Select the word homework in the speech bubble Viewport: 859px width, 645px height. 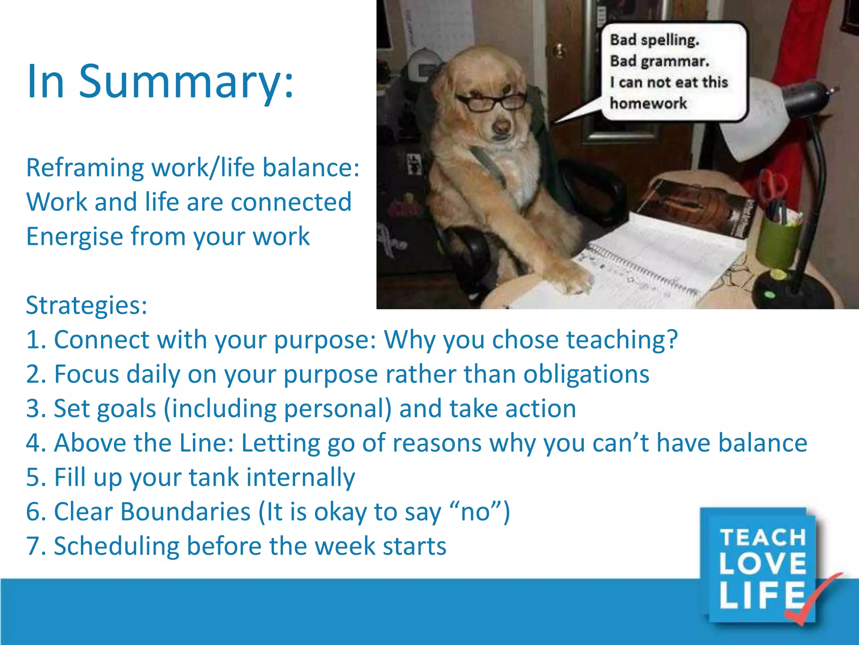pyautogui.click(x=648, y=103)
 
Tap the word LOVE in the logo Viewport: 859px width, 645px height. pyautogui.click(x=762, y=564)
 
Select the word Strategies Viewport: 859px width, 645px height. pyautogui.click(x=86, y=305)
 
